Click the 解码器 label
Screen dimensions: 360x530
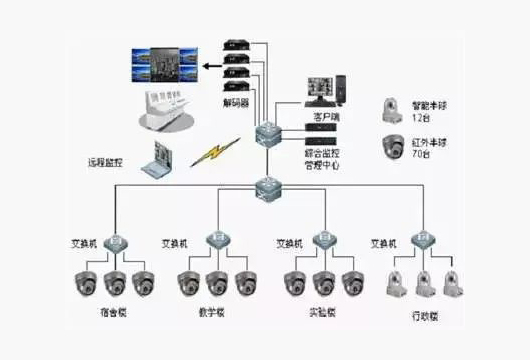(237, 103)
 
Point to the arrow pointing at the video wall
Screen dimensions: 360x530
(207, 66)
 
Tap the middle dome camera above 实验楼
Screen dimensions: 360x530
(322, 282)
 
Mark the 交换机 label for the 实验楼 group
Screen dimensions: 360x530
(290, 243)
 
